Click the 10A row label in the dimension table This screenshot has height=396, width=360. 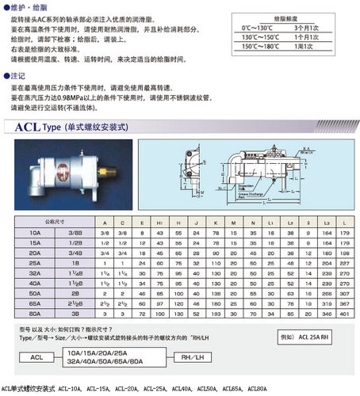pos(35,234)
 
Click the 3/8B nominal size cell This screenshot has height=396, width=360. pos(75,234)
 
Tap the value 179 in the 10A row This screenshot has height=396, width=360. pos(344,234)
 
